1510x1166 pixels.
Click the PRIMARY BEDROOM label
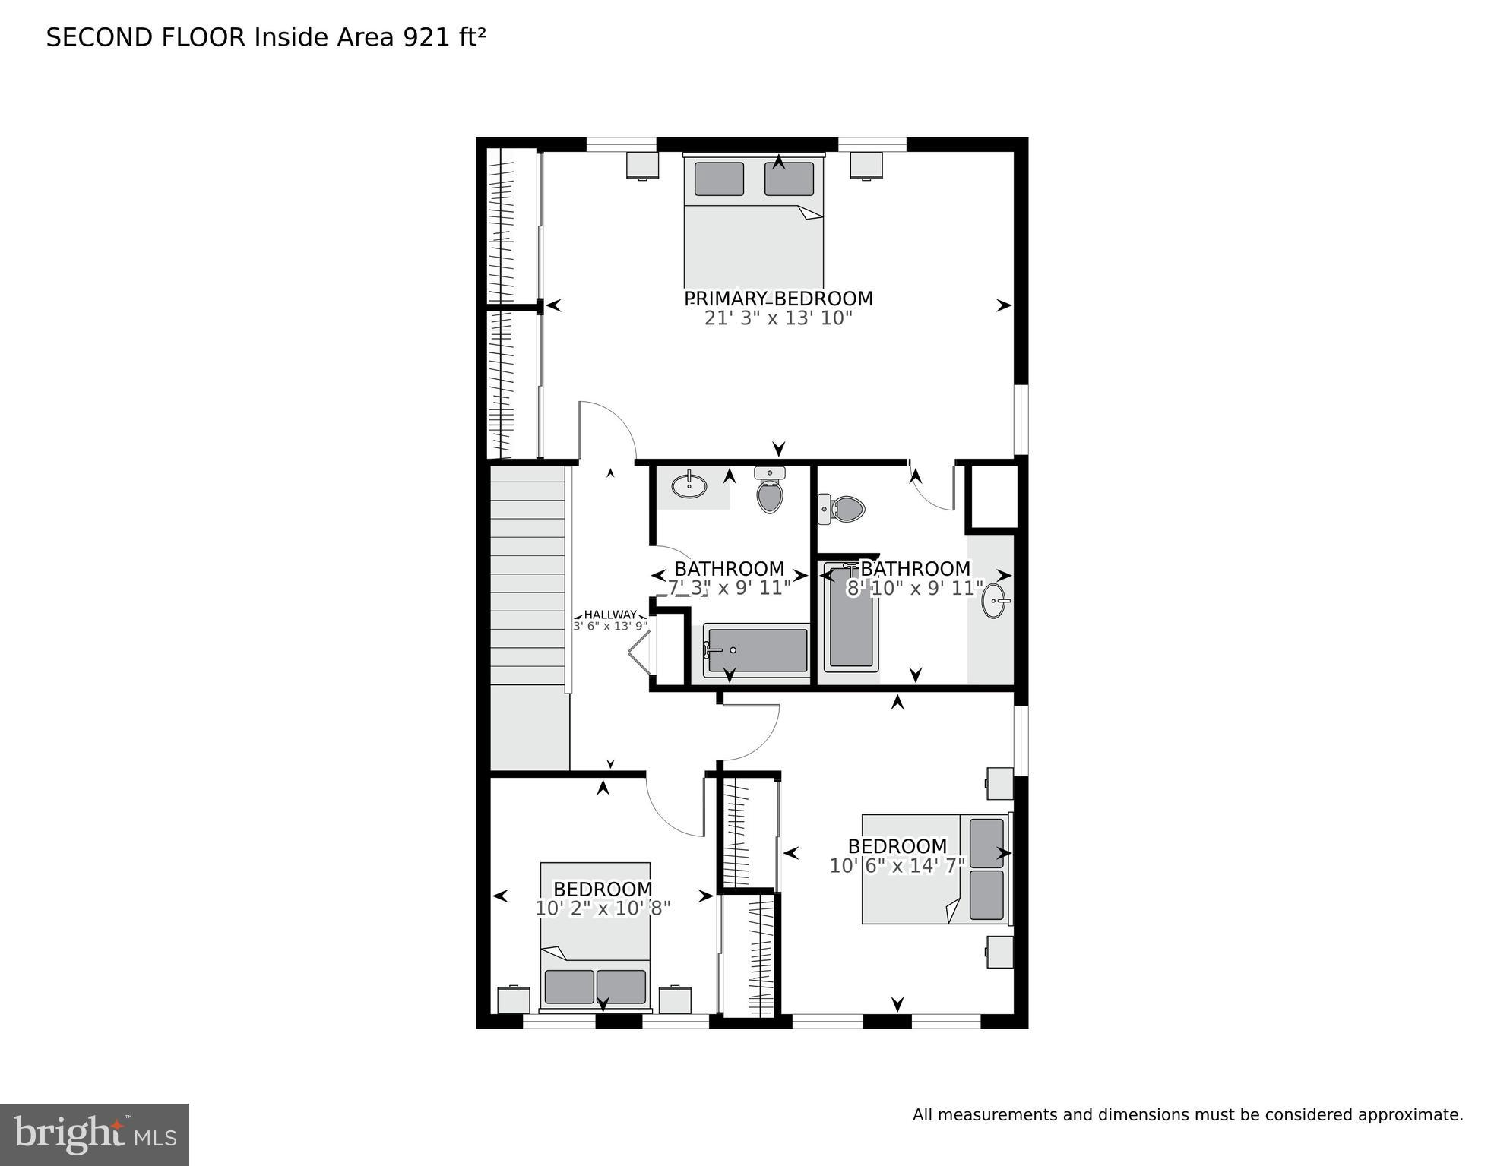pyautogui.click(x=778, y=299)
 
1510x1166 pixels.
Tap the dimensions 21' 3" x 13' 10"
pyautogui.click(x=778, y=318)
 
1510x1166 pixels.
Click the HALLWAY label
pyautogui.click(x=609, y=615)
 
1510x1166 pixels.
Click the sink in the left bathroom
pyautogui.click(x=689, y=485)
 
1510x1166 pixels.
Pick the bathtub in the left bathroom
pyautogui.click(x=756, y=650)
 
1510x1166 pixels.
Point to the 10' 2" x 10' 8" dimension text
pyautogui.click(x=603, y=908)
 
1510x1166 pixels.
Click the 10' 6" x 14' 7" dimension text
pyautogui.click(x=897, y=866)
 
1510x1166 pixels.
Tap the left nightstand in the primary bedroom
pyautogui.click(x=642, y=165)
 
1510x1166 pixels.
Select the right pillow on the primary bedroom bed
pyautogui.click(x=789, y=179)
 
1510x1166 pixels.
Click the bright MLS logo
pyautogui.click(x=94, y=1134)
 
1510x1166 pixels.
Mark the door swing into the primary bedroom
pyautogui.click(x=608, y=430)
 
